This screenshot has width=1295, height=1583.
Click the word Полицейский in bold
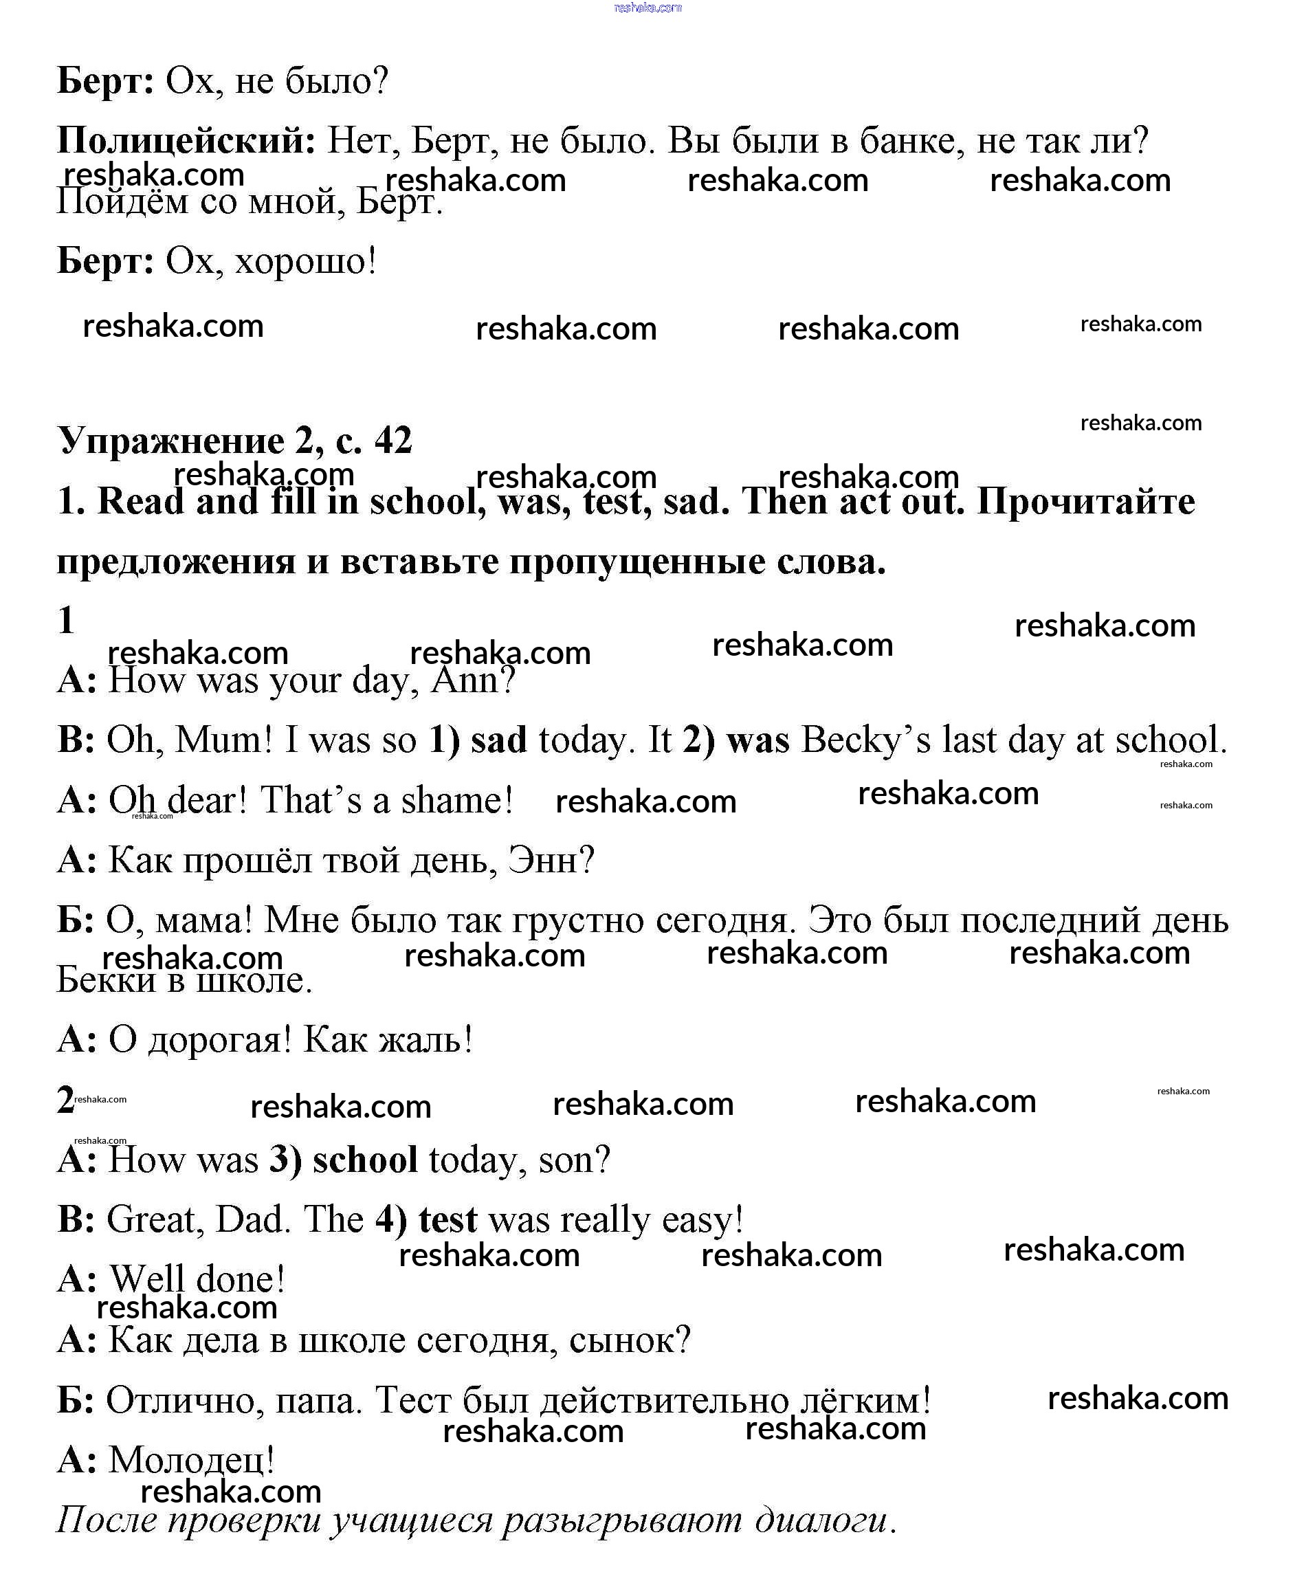tap(186, 140)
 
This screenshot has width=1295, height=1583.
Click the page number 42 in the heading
tap(393, 440)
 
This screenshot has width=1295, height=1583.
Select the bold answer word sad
tap(499, 740)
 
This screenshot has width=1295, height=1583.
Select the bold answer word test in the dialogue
tap(447, 1219)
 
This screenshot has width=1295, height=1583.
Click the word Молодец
tap(191, 1459)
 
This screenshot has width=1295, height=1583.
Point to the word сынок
tap(629, 1340)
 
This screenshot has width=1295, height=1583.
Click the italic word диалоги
tap(825, 1520)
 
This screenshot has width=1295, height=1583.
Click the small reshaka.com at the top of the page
tap(647, 8)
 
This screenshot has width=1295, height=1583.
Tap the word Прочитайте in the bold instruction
tap(1085, 501)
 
